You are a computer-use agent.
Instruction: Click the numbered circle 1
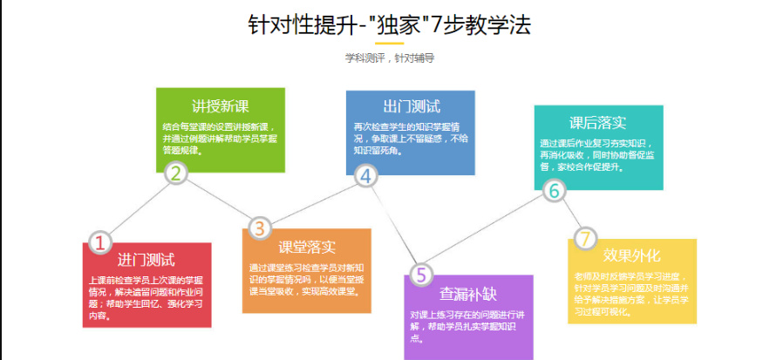pyautogui.click(x=100, y=241)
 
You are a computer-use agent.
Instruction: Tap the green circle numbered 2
pyautogui.click(x=177, y=173)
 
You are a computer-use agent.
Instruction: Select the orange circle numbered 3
pyautogui.click(x=259, y=228)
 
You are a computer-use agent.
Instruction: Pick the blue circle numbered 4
pyautogui.click(x=365, y=176)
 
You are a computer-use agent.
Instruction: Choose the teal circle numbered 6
pyautogui.click(x=554, y=190)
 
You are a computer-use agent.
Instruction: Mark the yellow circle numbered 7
pyautogui.click(x=585, y=238)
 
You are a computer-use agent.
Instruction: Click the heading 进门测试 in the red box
pyautogui.click(x=146, y=260)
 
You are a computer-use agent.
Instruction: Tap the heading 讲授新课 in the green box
pyautogui.click(x=220, y=106)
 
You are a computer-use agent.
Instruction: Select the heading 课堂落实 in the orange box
pyautogui.click(x=307, y=247)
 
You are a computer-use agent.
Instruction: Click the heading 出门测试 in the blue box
pyautogui.click(x=410, y=107)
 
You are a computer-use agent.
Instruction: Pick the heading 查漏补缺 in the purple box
pyautogui.click(x=468, y=294)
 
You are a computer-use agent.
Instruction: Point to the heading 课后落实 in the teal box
pyautogui.click(x=597, y=122)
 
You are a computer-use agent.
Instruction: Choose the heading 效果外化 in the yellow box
pyautogui.click(x=632, y=255)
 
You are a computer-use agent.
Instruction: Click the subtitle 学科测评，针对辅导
pyautogui.click(x=389, y=58)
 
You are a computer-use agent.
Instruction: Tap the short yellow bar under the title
pyautogui.click(x=389, y=42)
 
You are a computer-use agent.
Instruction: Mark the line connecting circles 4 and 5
pyautogui.click(x=393, y=226)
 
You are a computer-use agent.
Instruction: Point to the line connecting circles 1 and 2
pyautogui.click(x=139, y=207)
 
